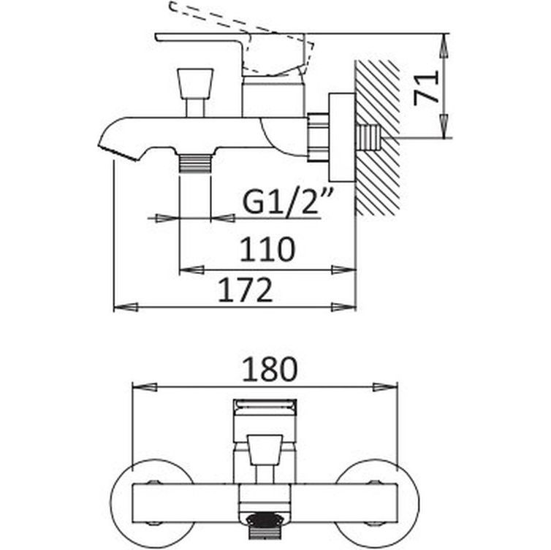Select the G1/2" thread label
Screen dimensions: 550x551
tap(282, 202)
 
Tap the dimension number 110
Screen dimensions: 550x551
tap(267, 249)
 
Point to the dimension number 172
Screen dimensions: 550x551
tap(246, 290)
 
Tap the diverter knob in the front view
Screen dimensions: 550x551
tap(264, 448)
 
